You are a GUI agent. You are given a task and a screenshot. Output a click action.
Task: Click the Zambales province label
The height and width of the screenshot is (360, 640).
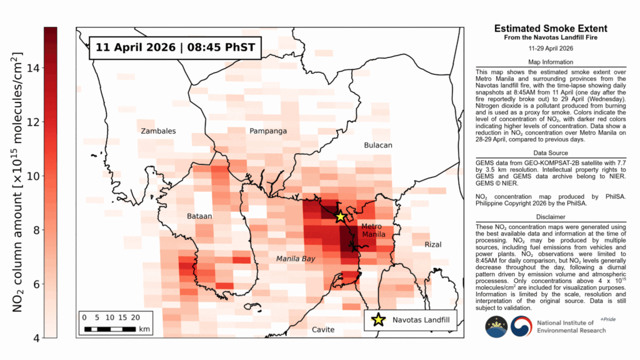click(x=158, y=131)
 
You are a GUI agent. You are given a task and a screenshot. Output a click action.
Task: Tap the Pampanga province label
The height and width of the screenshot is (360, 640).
click(x=268, y=131)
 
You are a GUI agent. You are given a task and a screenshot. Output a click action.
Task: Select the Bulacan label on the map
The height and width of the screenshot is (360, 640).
click(x=378, y=145)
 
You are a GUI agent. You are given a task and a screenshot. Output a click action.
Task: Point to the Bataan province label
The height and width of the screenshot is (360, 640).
click(x=200, y=216)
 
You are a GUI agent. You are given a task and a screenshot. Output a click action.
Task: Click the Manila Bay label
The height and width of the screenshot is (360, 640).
click(x=297, y=258)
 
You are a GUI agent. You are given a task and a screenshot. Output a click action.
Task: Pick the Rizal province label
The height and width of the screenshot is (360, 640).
click(x=433, y=244)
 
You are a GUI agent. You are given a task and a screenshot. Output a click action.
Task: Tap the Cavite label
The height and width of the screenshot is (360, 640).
click(x=323, y=329)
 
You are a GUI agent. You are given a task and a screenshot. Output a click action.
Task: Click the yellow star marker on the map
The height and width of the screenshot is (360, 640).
click(x=340, y=217)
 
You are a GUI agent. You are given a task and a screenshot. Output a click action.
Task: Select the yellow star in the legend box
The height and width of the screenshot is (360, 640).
click(x=378, y=320)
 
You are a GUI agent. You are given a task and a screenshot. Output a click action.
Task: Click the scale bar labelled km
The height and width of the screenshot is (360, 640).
click(x=110, y=328)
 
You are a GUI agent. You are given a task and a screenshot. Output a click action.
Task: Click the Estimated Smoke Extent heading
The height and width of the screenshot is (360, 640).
click(x=551, y=29)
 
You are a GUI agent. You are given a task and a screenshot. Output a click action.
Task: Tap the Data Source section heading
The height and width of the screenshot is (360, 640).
click(x=551, y=152)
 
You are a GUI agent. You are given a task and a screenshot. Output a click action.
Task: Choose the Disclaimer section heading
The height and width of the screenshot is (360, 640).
click(x=551, y=217)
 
